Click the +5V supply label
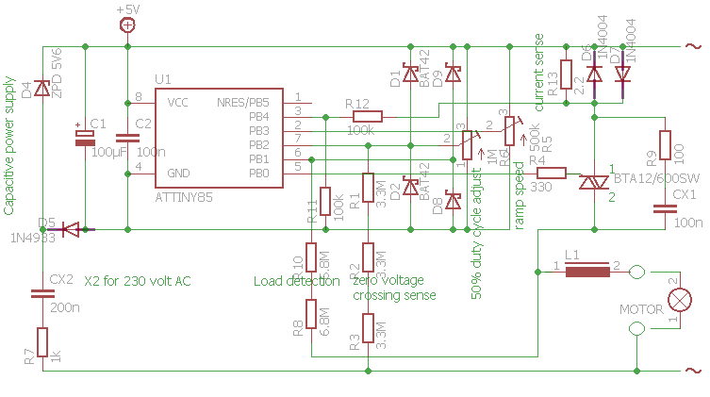click(x=127, y=8)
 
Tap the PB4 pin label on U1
click(x=258, y=116)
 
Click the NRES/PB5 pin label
click(x=243, y=102)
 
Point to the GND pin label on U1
click(x=178, y=174)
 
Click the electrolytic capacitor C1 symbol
click(x=86, y=137)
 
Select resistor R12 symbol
click(x=366, y=116)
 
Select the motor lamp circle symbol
click(x=677, y=300)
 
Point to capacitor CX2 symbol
click(x=41, y=293)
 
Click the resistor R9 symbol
click(x=666, y=147)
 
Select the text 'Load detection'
click(x=296, y=281)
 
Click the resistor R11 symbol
click(x=324, y=201)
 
